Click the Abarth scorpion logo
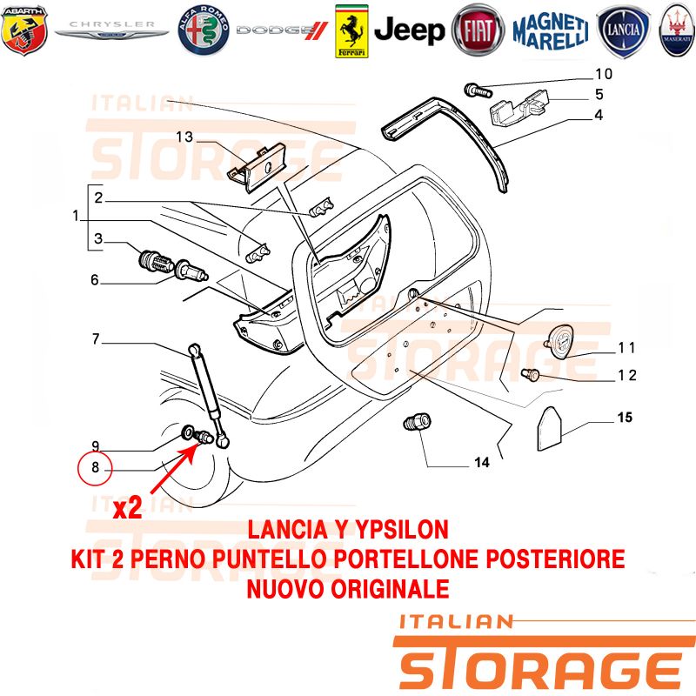pos(24,30)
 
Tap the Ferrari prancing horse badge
pos(351,31)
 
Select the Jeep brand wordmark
pos(409,30)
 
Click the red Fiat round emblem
pos(478,30)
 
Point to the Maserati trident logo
pos(678,30)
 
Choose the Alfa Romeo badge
pos(204,30)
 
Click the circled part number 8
pos(95,468)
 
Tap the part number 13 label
pos(184,137)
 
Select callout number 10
pos(604,74)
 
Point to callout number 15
pos(625,418)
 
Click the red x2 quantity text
pos(128,508)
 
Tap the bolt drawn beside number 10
pos(478,91)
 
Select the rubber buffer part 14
pos(417,421)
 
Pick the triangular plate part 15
pos(550,428)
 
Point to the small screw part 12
pos(530,375)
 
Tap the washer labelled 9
pos(188,431)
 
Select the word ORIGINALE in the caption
pos(390,589)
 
